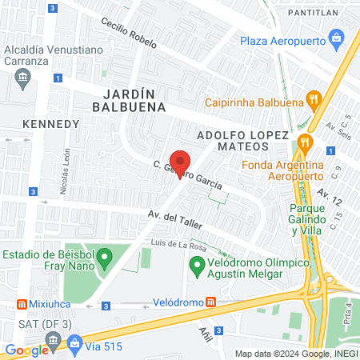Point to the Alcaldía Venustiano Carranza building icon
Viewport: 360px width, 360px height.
(22, 78)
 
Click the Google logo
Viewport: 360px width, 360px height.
(26, 350)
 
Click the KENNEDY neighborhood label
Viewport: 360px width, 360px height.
(51, 124)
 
